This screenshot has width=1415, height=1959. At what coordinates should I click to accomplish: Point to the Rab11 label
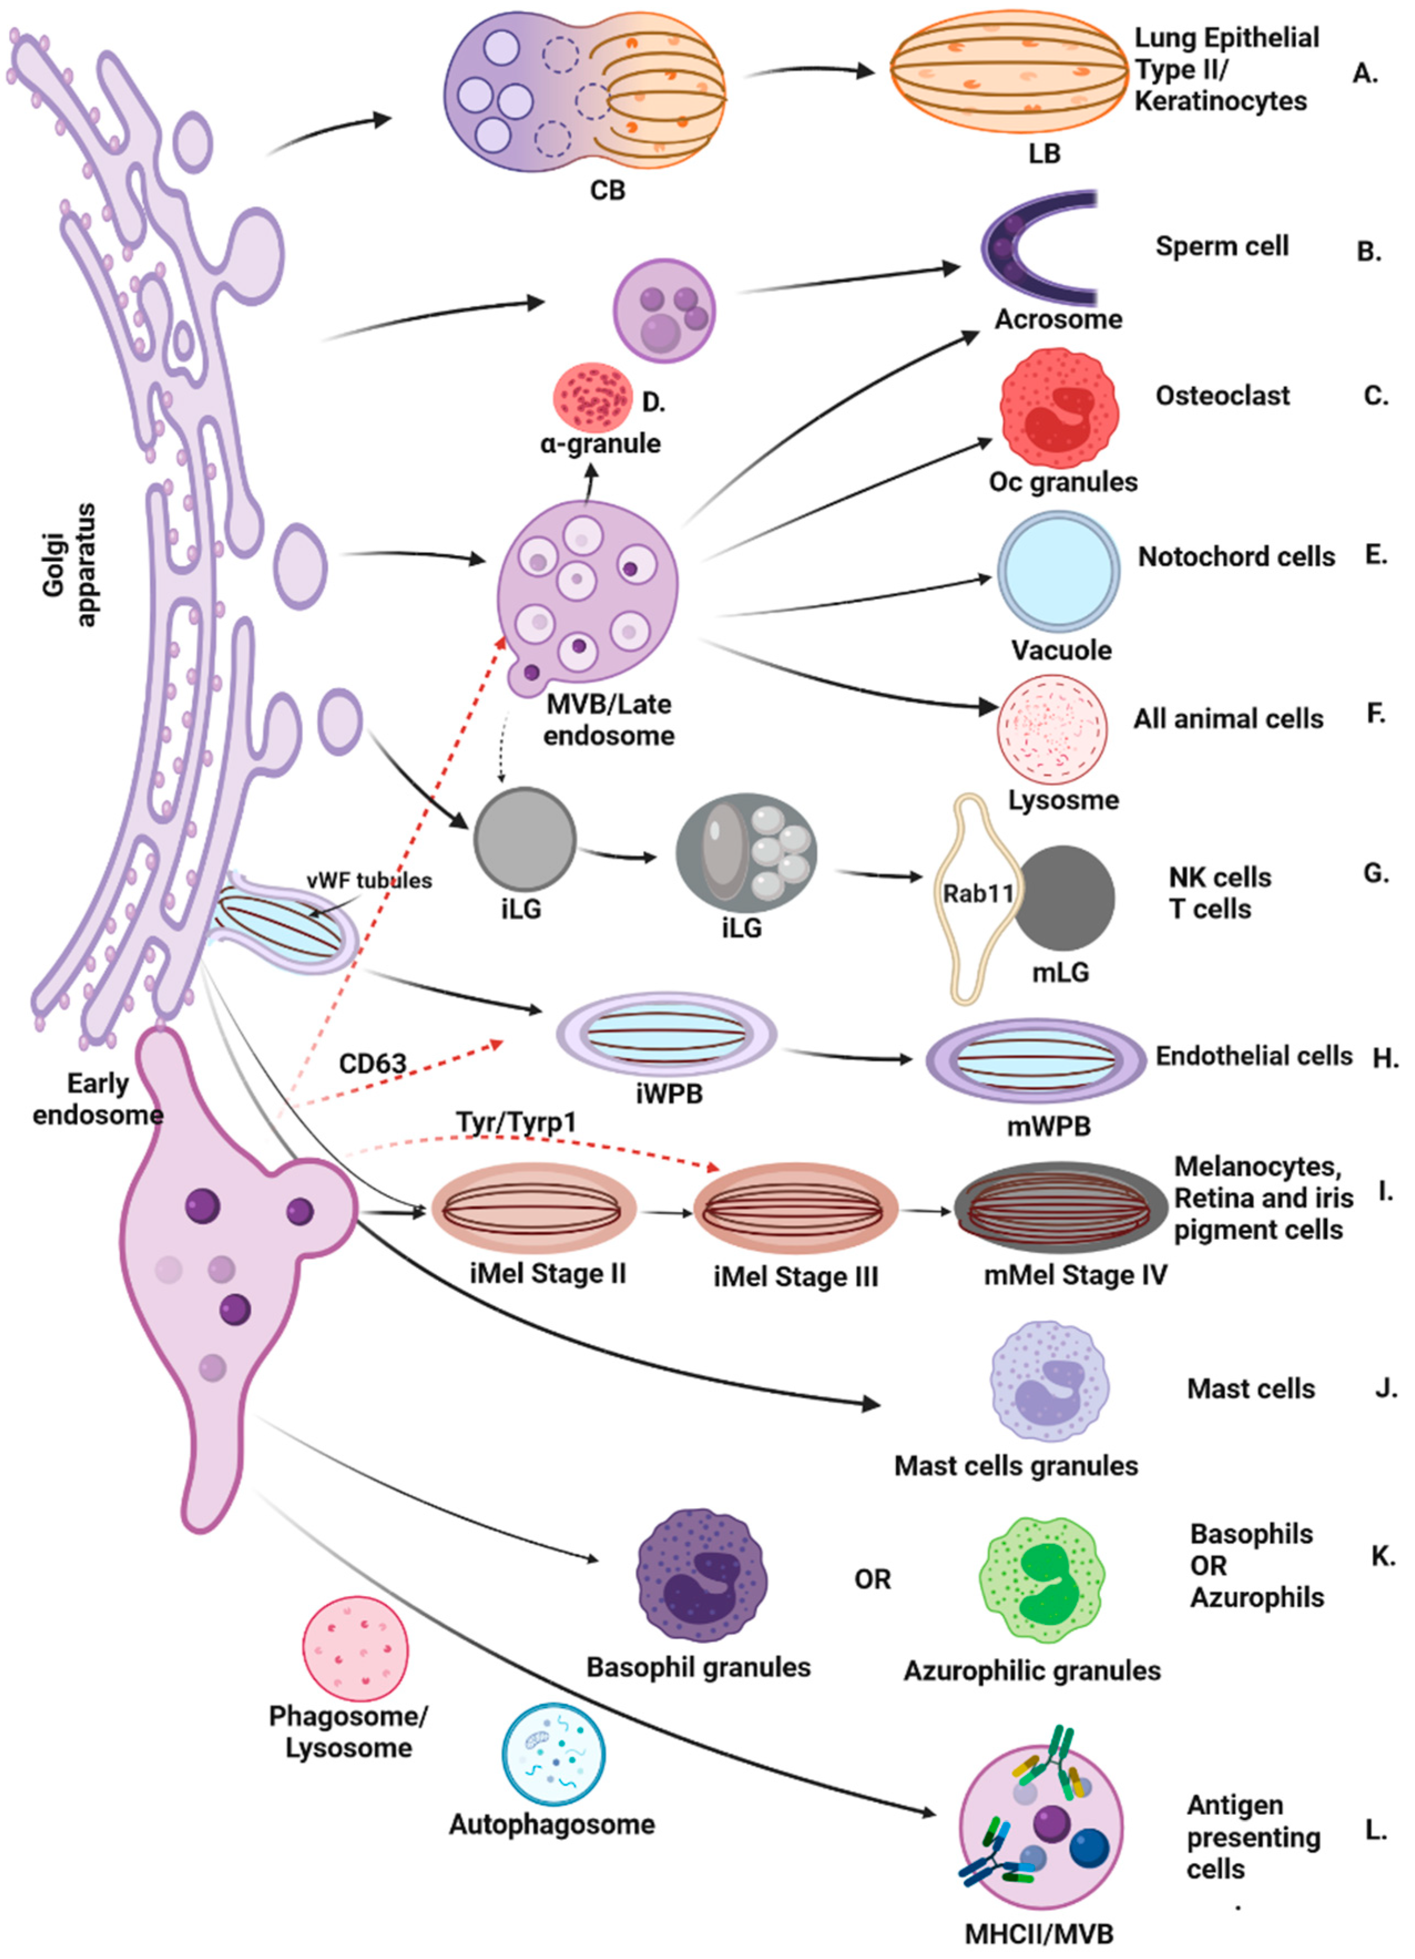pos(977,893)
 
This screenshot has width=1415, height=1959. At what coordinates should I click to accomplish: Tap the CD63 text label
pos(372,1063)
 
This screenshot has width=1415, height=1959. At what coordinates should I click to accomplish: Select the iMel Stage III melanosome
pos(795,1209)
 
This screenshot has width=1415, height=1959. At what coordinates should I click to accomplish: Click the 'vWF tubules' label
pos(369,880)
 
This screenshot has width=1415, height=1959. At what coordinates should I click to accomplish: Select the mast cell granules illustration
pos(1049,1381)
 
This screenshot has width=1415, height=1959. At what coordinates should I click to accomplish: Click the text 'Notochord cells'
pos(1235,557)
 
